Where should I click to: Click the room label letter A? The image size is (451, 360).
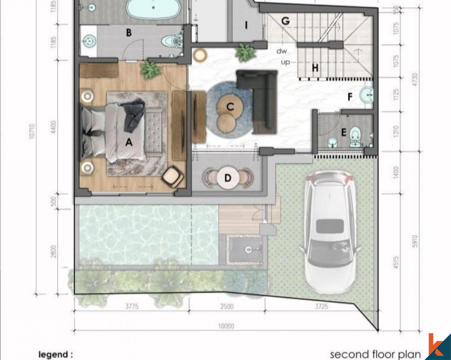click(129, 142)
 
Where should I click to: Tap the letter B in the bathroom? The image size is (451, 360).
click(129, 32)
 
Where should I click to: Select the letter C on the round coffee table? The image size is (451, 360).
click(230, 107)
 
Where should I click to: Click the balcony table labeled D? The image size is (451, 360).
click(228, 178)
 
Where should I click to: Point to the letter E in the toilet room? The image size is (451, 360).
click(344, 132)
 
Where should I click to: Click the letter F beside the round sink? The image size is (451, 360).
click(350, 96)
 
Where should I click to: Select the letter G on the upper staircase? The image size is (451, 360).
click(285, 21)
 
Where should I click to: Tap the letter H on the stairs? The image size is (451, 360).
click(315, 68)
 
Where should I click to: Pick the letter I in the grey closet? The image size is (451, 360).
click(246, 25)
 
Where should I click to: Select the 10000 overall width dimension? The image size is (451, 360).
click(227, 326)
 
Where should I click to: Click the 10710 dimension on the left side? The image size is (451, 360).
click(32, 131)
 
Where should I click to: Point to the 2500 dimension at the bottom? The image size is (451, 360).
click(227, 307)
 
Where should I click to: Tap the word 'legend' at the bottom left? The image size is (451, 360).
click(55, 355)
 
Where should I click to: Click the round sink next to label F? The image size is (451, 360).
click(367, 95)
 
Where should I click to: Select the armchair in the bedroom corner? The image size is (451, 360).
click(173, 177)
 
